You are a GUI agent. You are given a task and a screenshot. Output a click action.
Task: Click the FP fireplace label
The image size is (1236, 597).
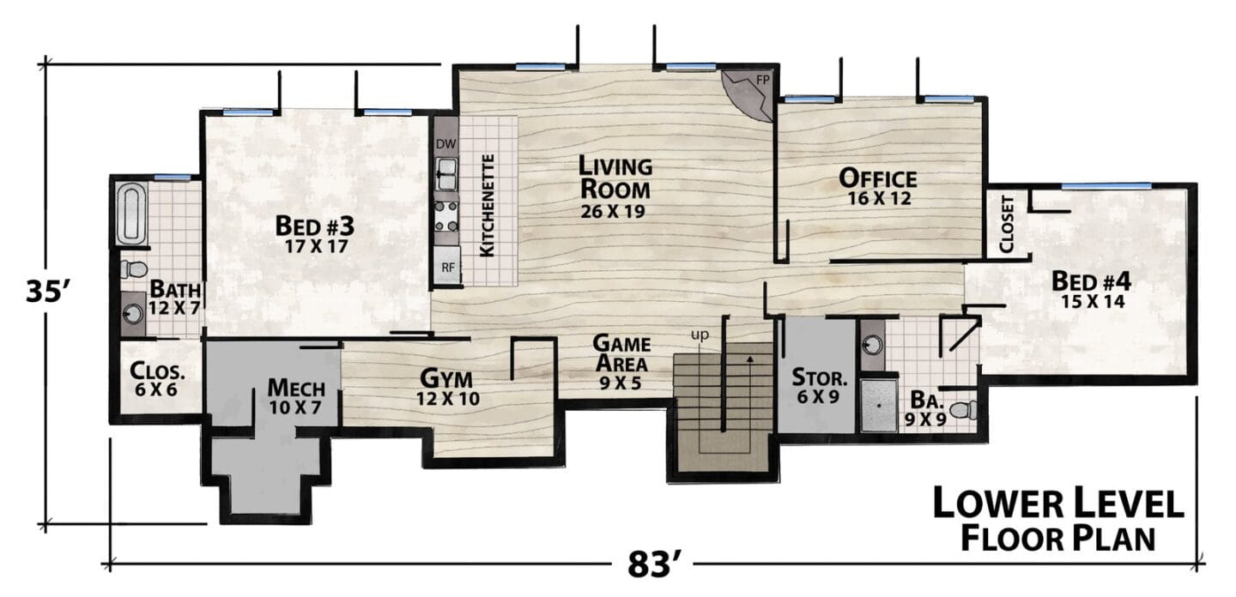point(762,81)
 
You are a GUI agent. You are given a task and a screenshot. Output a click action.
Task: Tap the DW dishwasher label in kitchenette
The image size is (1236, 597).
point(446,144)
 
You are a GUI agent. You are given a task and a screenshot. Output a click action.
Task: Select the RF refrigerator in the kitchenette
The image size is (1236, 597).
point(447,266)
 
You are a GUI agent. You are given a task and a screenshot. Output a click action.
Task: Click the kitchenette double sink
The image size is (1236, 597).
point(446,174)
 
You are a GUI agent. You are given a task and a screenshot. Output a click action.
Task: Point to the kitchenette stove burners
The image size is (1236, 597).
point(446,216)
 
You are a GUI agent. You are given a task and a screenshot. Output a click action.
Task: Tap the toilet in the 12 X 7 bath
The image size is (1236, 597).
point(134,269)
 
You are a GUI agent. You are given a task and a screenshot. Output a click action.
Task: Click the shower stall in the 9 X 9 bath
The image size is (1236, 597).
point(879,405)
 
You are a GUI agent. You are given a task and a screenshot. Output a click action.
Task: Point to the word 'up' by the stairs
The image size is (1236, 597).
point(700,335)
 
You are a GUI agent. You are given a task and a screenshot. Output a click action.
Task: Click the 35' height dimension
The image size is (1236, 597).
point(47,291)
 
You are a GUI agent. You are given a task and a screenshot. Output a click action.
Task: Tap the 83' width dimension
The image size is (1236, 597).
point(651,564)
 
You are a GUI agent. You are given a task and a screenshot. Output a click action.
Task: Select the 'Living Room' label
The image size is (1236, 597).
point(615,178)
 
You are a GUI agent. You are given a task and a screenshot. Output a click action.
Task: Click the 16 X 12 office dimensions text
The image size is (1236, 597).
point(879,198)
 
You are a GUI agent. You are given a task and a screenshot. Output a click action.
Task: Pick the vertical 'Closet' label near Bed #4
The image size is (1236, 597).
point(1007,225)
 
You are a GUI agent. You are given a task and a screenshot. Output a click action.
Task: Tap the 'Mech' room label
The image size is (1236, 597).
point(296,388)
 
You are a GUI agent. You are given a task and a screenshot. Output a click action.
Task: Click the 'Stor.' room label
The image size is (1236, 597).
point(820,377)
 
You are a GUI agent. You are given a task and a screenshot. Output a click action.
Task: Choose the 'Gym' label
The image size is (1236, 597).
point(446,379)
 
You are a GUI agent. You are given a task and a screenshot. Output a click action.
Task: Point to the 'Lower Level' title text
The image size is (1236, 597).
point(1057,502)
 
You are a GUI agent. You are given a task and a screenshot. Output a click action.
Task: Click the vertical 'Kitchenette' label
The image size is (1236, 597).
point(487,205)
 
